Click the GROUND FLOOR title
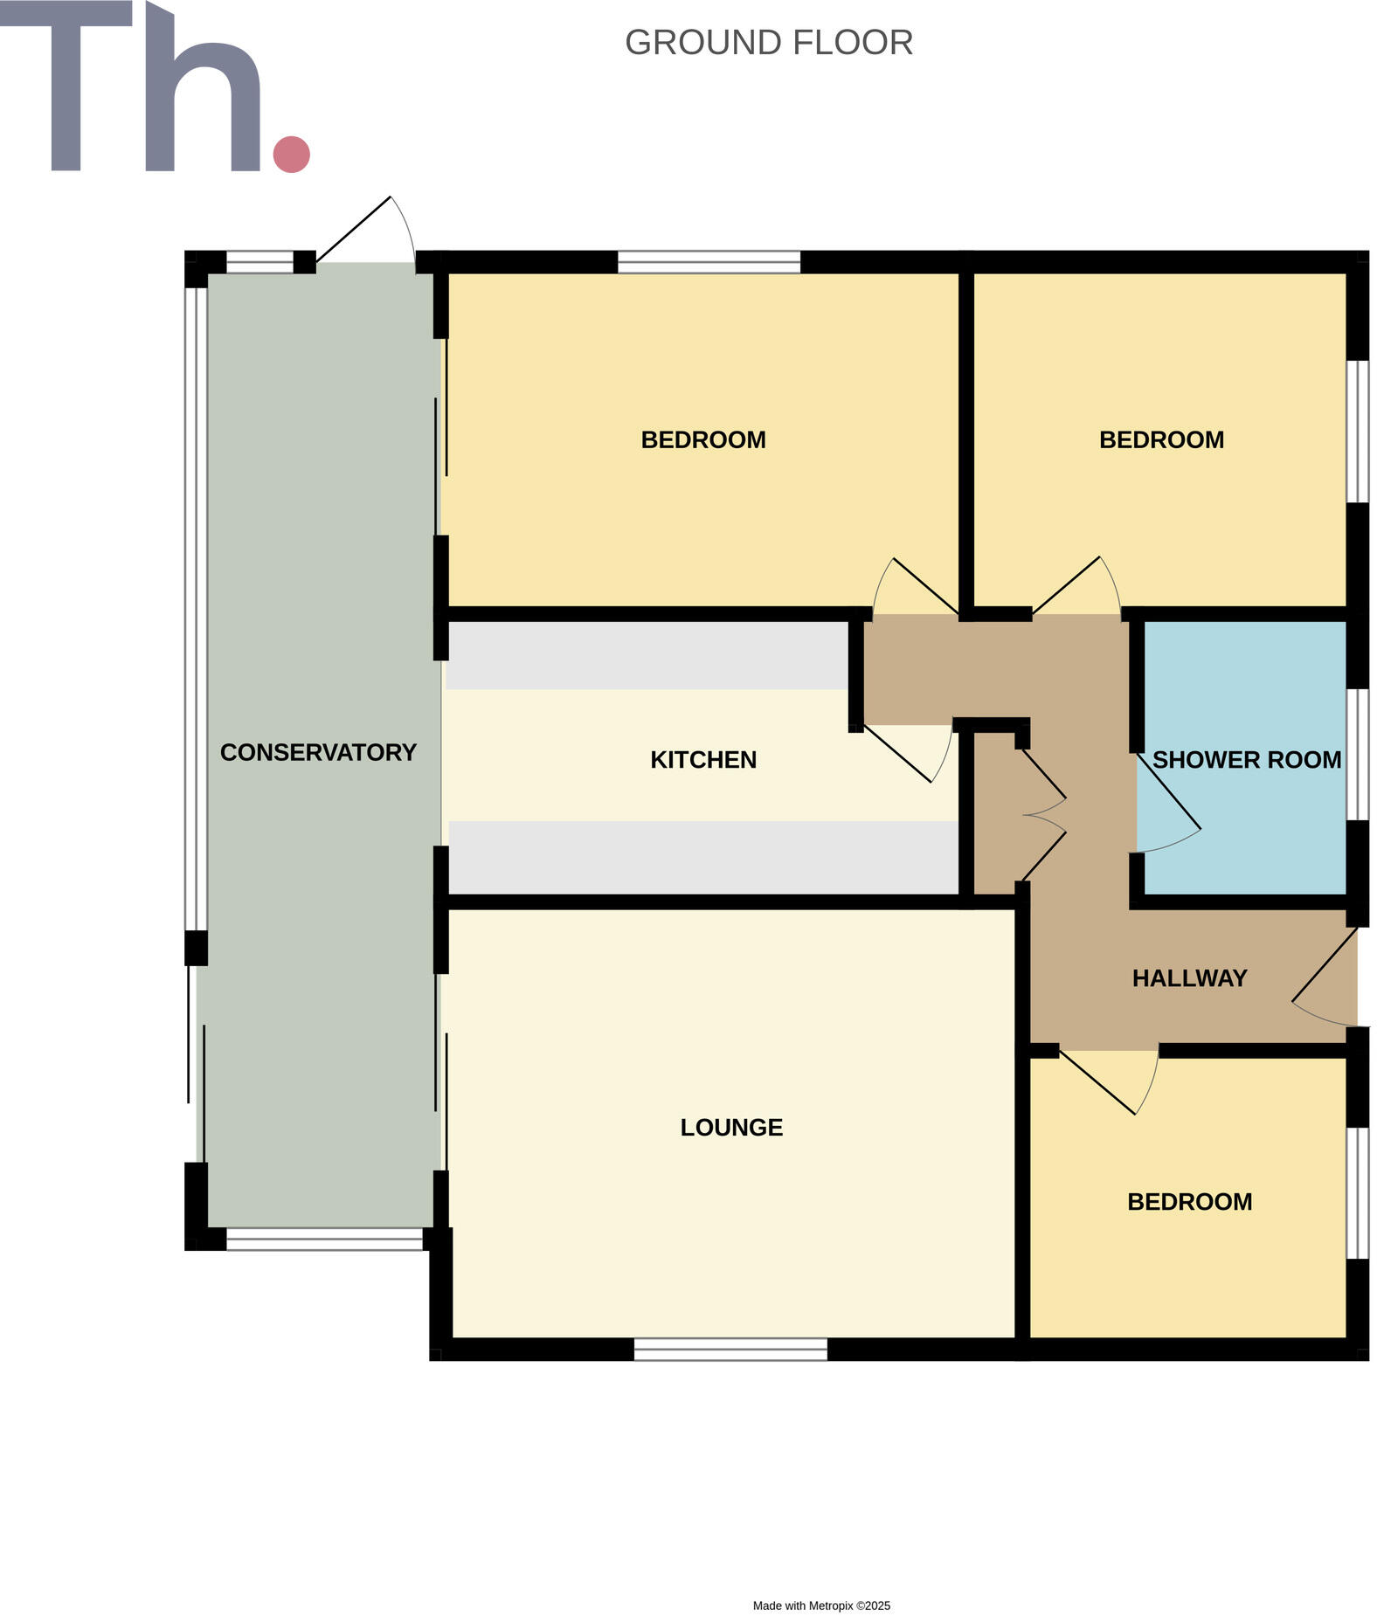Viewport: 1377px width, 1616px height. pos(768,43)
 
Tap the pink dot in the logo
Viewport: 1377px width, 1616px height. pos(291,154)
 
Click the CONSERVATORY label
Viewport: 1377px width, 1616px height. pos(318,752)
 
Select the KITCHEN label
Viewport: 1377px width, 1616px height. pos(702,760)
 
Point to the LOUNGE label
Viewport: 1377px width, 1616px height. pos(731,1128)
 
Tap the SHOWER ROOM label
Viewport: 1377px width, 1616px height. pos(1246,760)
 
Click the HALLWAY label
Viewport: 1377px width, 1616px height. pos(1189,978)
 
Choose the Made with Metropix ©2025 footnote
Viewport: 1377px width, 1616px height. pos(821,1606)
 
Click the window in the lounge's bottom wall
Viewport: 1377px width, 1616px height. pos(730,1350)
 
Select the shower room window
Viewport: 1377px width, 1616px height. pos(1357,754)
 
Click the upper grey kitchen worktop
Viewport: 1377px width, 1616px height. pos(647,655)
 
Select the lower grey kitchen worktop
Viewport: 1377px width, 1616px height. pos(703,857)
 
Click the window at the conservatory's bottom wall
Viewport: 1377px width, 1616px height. pos(324,1239)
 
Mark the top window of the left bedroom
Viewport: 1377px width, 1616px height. pos(709,261)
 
